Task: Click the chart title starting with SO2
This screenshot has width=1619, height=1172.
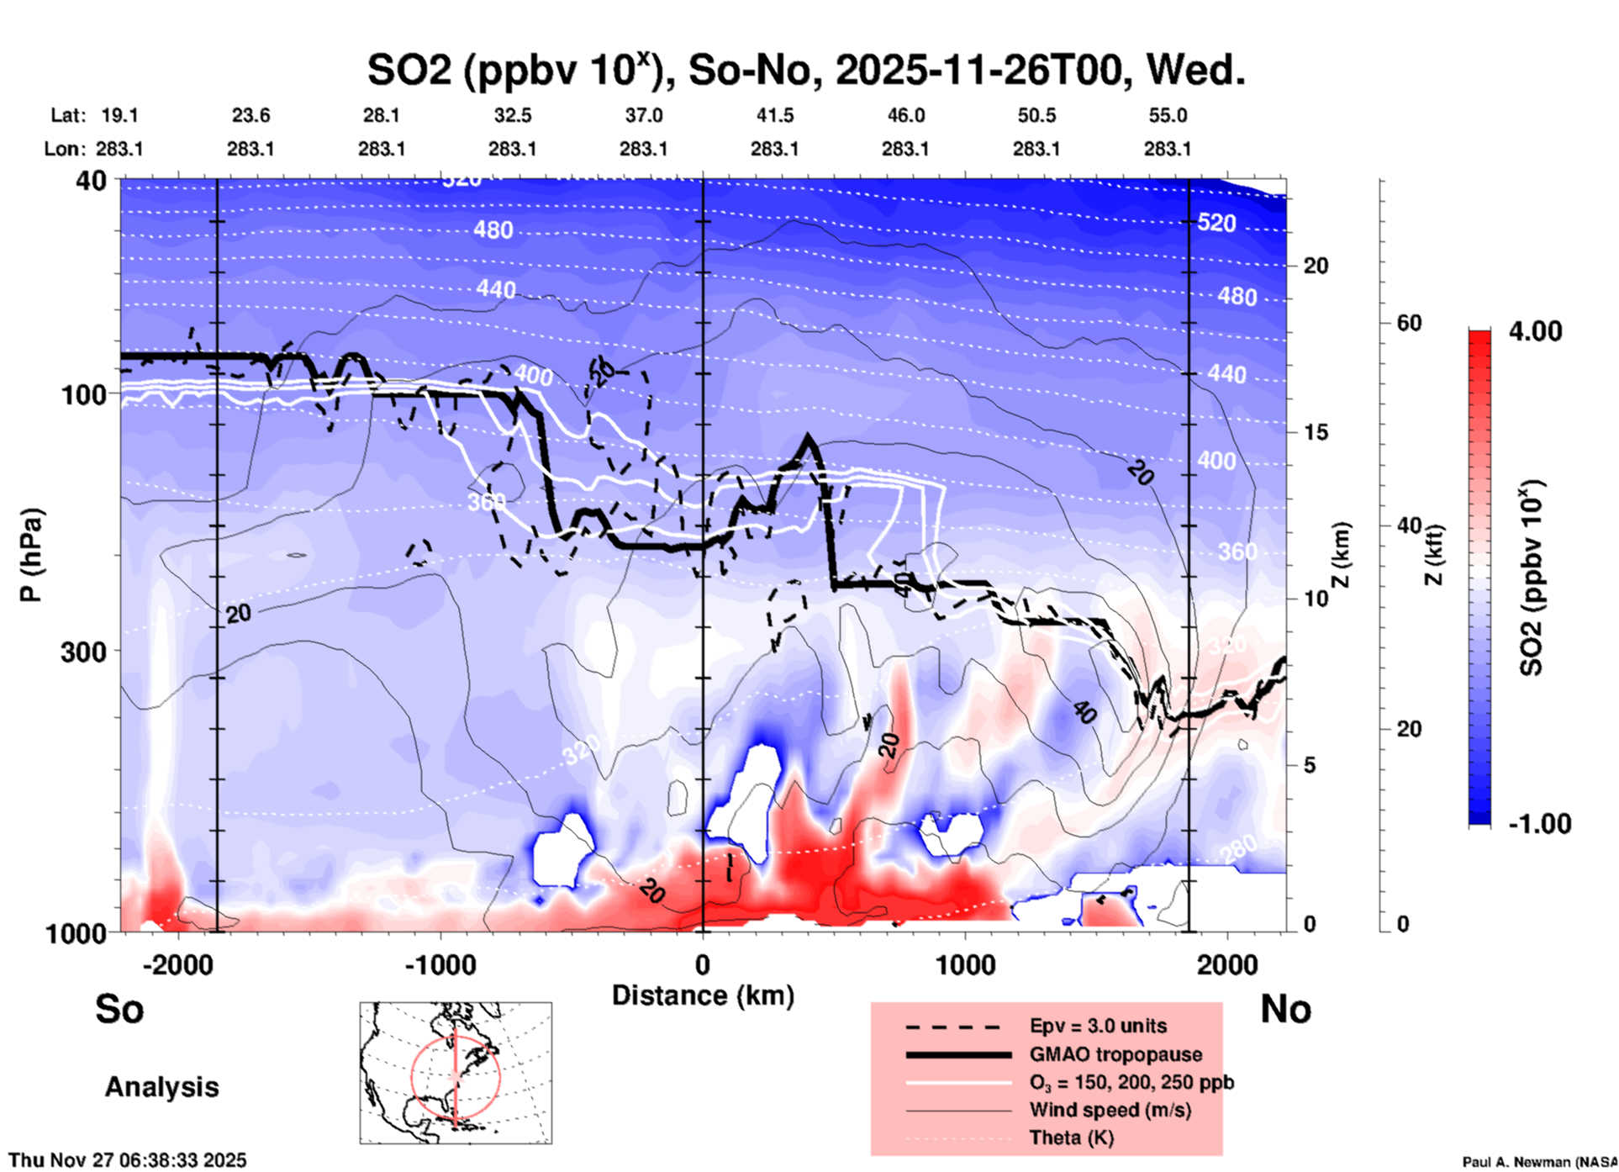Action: coord(805,71)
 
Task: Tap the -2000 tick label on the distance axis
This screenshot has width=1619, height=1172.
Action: coord(177,965)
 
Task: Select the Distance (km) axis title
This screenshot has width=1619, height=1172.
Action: coord(703,995)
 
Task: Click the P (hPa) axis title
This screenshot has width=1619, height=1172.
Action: coord(31,555)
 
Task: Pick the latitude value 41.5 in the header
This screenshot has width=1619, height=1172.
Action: coord(774,115)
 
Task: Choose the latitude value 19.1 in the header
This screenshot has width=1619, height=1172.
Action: coord(119,115)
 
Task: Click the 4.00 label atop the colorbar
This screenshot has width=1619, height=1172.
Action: coord(1535,331)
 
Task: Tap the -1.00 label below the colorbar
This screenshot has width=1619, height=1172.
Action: coord(1539,824)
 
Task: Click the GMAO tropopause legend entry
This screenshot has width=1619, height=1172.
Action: coord(1115,1054)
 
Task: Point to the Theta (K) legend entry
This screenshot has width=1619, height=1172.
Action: coord(1071,1138)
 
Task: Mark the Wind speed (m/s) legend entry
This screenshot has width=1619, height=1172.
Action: coord(1110,1111)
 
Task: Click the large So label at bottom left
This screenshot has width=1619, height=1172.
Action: coord(119,1009)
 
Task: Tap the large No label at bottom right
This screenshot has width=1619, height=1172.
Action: coord(1285,1009)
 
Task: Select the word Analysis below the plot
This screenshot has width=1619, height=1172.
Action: coord(161,1087)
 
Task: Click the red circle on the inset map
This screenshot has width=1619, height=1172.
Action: coord(412,1076)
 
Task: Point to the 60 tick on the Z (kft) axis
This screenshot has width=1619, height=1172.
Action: coord(1409,324)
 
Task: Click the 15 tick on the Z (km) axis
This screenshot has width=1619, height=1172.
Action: coord(1316,432)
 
